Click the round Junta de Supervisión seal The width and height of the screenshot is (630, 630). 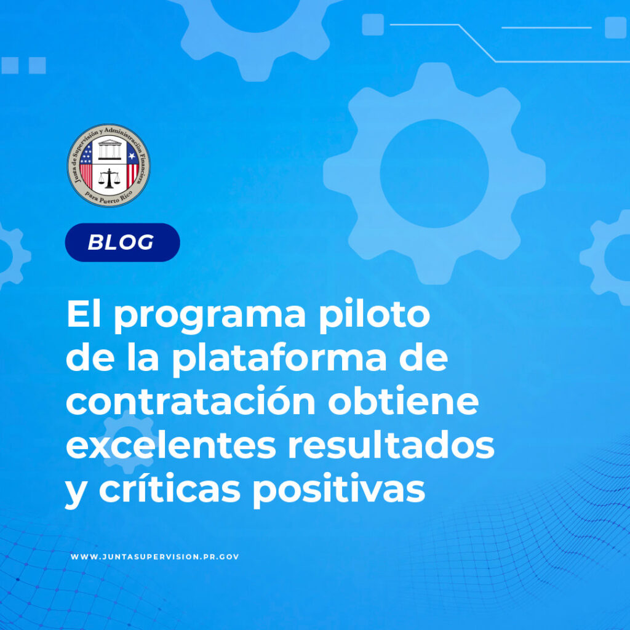(x=108, y=165)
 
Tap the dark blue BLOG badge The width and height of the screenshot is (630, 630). (x=122, y=242)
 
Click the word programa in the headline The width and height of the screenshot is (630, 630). (x=210, y=316)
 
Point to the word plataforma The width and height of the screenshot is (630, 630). (x=279, y=358)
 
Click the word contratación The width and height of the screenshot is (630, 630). (x=191, y=401)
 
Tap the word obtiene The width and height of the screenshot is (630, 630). (x=404, y=401)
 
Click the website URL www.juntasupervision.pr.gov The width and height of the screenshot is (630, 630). (x=154, y=556)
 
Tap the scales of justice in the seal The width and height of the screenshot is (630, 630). (x=109, y=178)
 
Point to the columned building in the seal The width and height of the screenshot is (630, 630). (x=110, y=150)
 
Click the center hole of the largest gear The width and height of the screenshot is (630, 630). (x=434, y=173)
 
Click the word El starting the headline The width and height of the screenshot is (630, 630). (x=83, y=314)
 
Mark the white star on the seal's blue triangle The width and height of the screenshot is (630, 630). (x=132, y=156)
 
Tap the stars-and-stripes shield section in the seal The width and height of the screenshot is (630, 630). (x=86, y=165)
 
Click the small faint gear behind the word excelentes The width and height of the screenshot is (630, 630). (x=128, y=441)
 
